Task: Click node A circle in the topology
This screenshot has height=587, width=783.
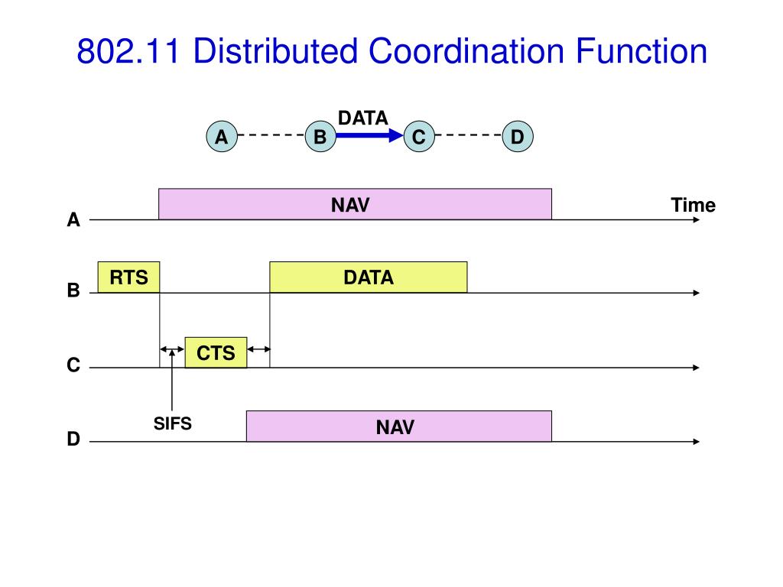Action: (222, 136)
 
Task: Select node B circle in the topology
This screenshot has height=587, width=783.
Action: (320, 136)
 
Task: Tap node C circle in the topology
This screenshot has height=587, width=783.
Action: (419, 136)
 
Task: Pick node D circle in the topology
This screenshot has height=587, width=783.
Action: (518, 136)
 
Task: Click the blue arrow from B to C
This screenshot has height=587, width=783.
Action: (369, 135)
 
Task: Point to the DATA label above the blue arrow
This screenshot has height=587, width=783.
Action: (363, 118)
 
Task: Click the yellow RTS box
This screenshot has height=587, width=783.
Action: (128, 277)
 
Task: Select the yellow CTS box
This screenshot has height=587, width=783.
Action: (216, 352)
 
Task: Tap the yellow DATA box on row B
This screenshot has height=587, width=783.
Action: (369, 277)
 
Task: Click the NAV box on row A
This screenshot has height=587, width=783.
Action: (355, 204)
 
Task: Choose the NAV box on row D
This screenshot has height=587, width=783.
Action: (399, 426)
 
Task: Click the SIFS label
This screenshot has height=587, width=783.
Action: (172, 423)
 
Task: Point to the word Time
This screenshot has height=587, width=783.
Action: (693, 205)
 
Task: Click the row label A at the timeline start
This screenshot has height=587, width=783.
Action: (73, 219)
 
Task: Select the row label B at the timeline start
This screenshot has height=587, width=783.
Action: (73, 290)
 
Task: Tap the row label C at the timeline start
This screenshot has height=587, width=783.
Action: (73, 365)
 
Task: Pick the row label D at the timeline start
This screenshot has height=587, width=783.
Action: (73, 439)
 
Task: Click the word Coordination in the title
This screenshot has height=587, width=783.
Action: (466, 51)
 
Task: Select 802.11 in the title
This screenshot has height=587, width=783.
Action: (128, 51)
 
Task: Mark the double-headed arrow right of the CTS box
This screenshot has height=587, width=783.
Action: (258, 349)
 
